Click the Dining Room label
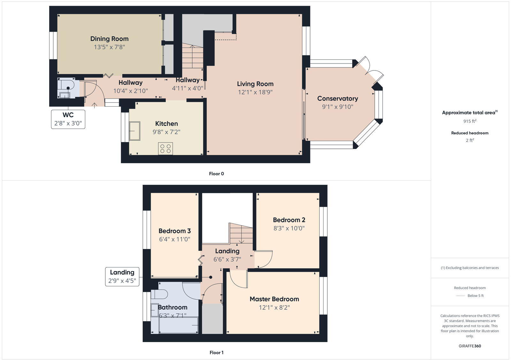[x=109, y=39]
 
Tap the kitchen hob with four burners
[x=165, y=148]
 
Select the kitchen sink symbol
[x=134, y=131]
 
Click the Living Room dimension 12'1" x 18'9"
[x=255, y=92]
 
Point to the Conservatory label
[x=337, y=99]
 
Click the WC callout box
[x=68, y=119]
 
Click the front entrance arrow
[x=95, y=105]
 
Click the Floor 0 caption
[x=216, y=174]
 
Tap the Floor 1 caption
[x=216, y=352]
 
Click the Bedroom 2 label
[x=289, y=220]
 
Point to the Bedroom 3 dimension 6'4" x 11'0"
[x=174, y=239]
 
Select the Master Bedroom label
[x=274, y=299]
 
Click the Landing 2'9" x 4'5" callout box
[x=122, y=276]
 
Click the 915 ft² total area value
[x=469, y=121]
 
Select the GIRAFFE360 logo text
[x=469, y=346]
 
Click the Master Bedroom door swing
[x=238, y=279]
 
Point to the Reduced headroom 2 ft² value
[x=469, y=140]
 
